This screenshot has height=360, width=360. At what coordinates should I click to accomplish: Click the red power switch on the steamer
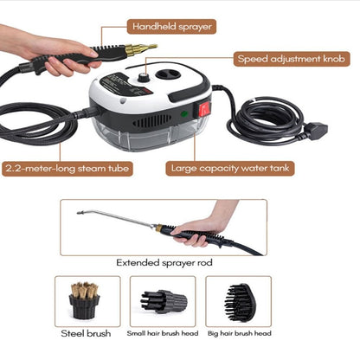pyautogui.click(x=204, y=108)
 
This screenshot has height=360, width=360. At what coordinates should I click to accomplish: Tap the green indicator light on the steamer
pyautogui.click(x=184, y=113)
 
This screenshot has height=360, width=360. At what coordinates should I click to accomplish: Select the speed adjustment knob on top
pyautogui.click(x=143, y=78)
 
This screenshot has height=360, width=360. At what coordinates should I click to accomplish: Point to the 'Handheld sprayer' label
pyautogui.click(x=171, y=27)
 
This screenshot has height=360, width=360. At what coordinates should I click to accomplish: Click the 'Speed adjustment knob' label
pyautogui.click(x=292, y=59)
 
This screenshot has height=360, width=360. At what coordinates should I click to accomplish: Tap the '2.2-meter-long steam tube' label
pyautogui.click(x=67, y=169)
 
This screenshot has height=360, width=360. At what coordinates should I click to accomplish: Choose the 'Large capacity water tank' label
pyautogui.click(x=230, y=169)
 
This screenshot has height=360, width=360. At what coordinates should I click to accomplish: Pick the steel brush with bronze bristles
pyautogui.click(x=84, y=300)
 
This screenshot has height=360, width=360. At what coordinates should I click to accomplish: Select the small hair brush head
pyautogui.click(x=164, y=301)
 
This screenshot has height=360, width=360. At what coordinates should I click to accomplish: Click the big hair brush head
pyautogui.click(x=240, y=303)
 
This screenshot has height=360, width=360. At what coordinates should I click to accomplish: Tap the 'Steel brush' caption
pyautogui.click(x=86, y=333)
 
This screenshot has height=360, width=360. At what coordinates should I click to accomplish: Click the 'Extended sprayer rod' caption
pyautogui.click(x=164, y=263)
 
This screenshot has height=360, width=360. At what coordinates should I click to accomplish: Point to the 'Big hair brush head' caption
pyautogui.click(x=240, y=333)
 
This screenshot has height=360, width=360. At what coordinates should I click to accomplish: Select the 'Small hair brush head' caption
pyautogui.click(x=163, y=333)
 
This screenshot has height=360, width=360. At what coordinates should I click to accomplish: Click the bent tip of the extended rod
pyautogui.click(x=78, y=213)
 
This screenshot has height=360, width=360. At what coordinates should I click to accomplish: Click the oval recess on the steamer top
pyautogui.click(x=168, y=74)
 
